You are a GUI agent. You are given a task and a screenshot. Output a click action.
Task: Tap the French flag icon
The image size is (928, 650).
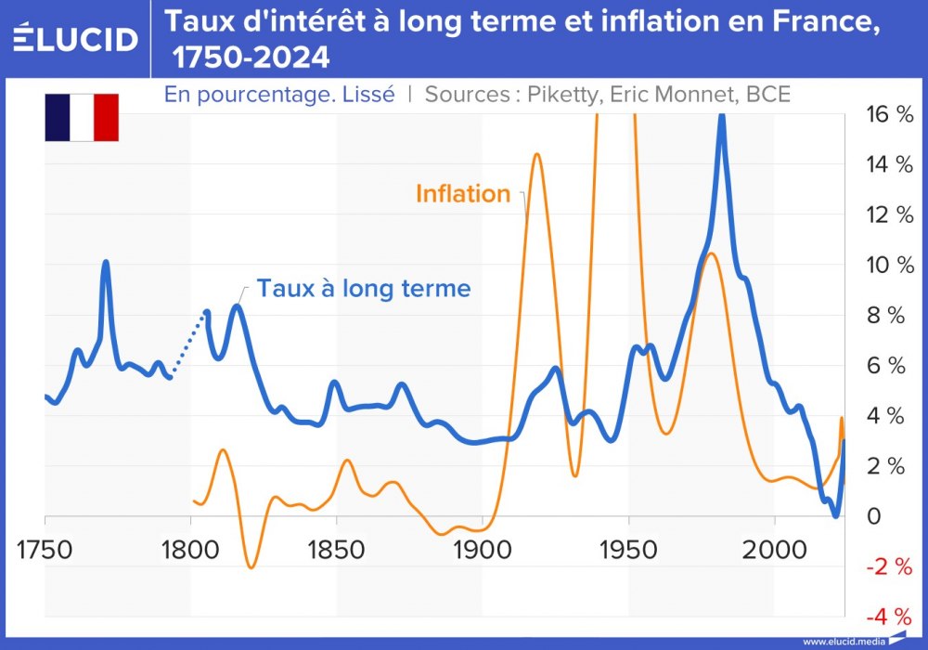click(82, 117)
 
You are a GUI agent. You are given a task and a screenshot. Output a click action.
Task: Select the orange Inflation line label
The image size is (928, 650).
click(463, 193)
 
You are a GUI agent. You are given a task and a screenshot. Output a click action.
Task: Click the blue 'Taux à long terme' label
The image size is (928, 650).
click(364, 288)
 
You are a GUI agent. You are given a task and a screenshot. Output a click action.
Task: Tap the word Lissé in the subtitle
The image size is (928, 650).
click(371, 94)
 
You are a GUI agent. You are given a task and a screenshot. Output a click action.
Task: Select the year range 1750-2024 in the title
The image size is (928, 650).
click(251, 58)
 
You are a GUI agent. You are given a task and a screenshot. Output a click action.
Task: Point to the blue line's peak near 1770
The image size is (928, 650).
click(105, 263)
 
